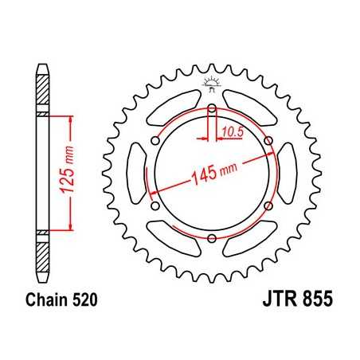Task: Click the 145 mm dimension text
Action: click(x=209, y=176)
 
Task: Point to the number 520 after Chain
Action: click(x=82, y=303)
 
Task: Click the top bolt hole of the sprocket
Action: click(x=211, y=108)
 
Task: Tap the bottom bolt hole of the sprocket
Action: click(x=211, y=238)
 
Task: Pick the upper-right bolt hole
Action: click(x=268, y=141)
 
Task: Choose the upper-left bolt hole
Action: click(x=155, y=141)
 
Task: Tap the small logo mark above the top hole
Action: click(x=211, y=83)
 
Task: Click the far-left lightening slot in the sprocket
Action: click(x=134, y=174)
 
